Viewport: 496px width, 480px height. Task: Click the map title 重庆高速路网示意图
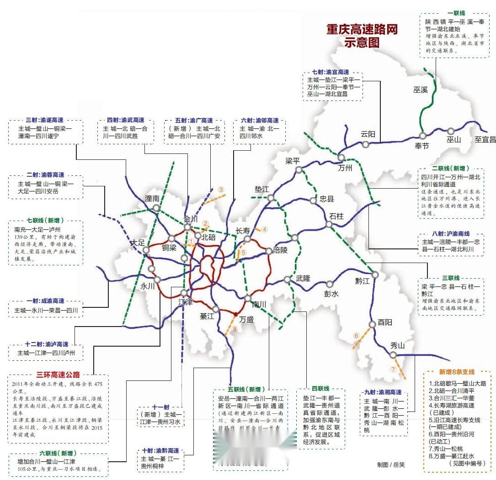[x=361, y=36]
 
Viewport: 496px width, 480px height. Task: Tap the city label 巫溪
[x=420, y=90]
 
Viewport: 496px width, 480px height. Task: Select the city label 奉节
[x=422, y=146]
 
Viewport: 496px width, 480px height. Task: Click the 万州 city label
[x=345, y=168]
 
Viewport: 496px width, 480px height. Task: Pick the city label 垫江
[x=262, y=190]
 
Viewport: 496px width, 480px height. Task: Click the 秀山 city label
[x=398, y=345]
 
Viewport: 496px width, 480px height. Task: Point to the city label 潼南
[x=152, y=199]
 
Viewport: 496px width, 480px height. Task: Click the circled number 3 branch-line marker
[x=221, y=190]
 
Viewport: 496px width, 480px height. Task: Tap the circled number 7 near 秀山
[x=393, y=369]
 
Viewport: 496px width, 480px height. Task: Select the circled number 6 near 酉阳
[x=356, y=336]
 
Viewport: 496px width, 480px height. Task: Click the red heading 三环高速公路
[x=58, y=375]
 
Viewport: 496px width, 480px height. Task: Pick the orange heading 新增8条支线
[x=457, y=372]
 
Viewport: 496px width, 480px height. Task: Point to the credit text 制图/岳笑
[x=391, y=464]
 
